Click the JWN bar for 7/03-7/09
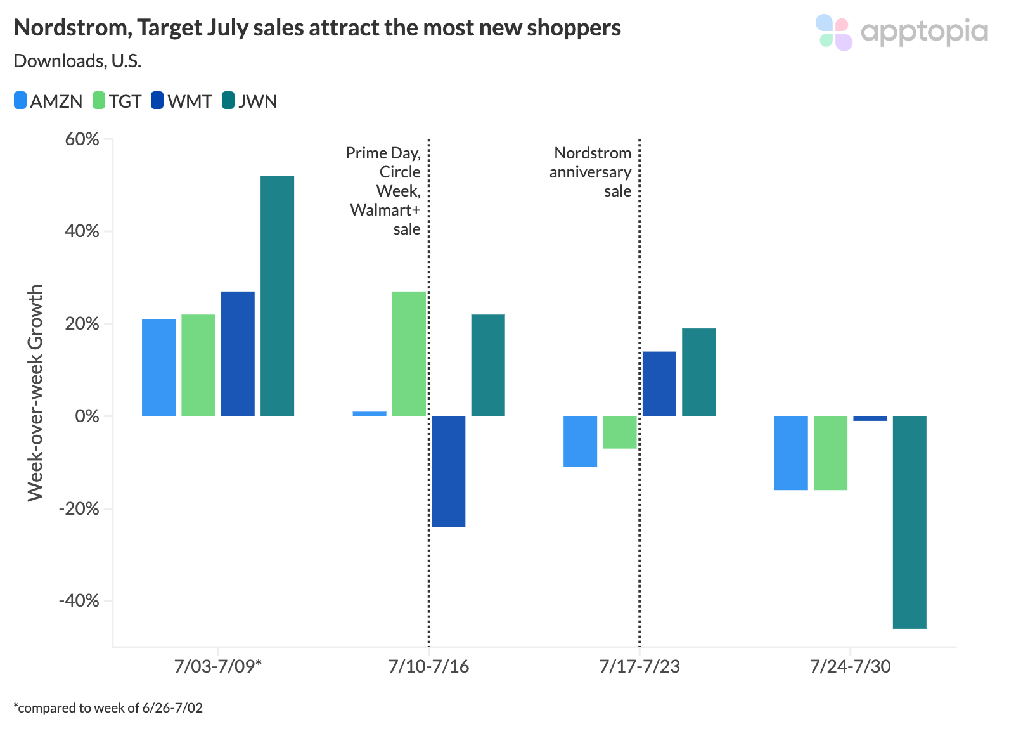(277, 296)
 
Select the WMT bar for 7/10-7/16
(448, 471)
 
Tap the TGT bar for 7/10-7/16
(409, 354)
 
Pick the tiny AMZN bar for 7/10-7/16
(370, 414)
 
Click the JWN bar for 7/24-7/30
(909, 522)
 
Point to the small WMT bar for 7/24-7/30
(870, 418)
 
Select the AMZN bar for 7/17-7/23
(580, 441)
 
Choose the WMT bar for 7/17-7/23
(659, 384)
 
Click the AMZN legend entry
(49, 101)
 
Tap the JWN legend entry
(250, 101)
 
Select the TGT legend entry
(117, 101)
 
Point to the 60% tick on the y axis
(82, 139)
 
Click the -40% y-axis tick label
(79, 600)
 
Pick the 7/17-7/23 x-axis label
(639, 666)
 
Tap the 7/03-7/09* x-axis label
(218, 666)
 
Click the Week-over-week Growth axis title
(35, 392)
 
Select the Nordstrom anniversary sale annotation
(591, 172)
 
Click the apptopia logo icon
(833, 32)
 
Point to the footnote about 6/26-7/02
(108, 707)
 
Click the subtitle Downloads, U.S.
(77, 61)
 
